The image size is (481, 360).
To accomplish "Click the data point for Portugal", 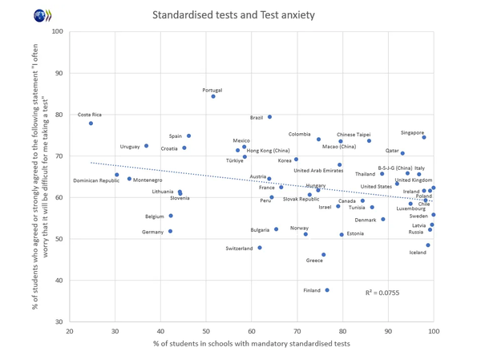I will pyautogui.click(x=213, y=96).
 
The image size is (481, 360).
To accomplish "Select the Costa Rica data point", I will pyautogui.click(x=91, y=123).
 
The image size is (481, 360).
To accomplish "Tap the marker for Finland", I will pyautogui.click(x=327, y=290).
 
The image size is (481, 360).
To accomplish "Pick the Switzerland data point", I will pyautogui.click(x=260, y=248).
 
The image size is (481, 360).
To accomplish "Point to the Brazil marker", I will pyautogui.click(x=269, y=117).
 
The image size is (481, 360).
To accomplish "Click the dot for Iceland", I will pyautogui.click(x=428, y=245).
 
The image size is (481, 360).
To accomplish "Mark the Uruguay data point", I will pyautogui.click(x=147, y=146).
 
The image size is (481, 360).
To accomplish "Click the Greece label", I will pyautogui.click(x=314, y=261).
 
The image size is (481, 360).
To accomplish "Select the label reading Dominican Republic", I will pyautogui.click(x=96, y=180).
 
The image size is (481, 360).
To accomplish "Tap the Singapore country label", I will pyautogui.click(x=412, y=133).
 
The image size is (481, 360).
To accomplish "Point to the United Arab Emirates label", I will pyautogui.click(x=318, y=170).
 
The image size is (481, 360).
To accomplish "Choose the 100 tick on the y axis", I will pyautogui.click(x=57, y=32).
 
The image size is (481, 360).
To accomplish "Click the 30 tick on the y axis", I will pyautogui.click(x=59, y=322).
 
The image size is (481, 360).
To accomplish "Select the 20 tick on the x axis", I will pyautogui.click(x=70, y=332).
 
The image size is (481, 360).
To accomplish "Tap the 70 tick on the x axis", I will pyautogui.click(x=297, y=332).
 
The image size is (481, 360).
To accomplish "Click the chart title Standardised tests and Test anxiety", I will pyautogui.click(x=233, y=14).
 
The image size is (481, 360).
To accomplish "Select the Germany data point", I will pyautogui.click(x=170, y=231).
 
